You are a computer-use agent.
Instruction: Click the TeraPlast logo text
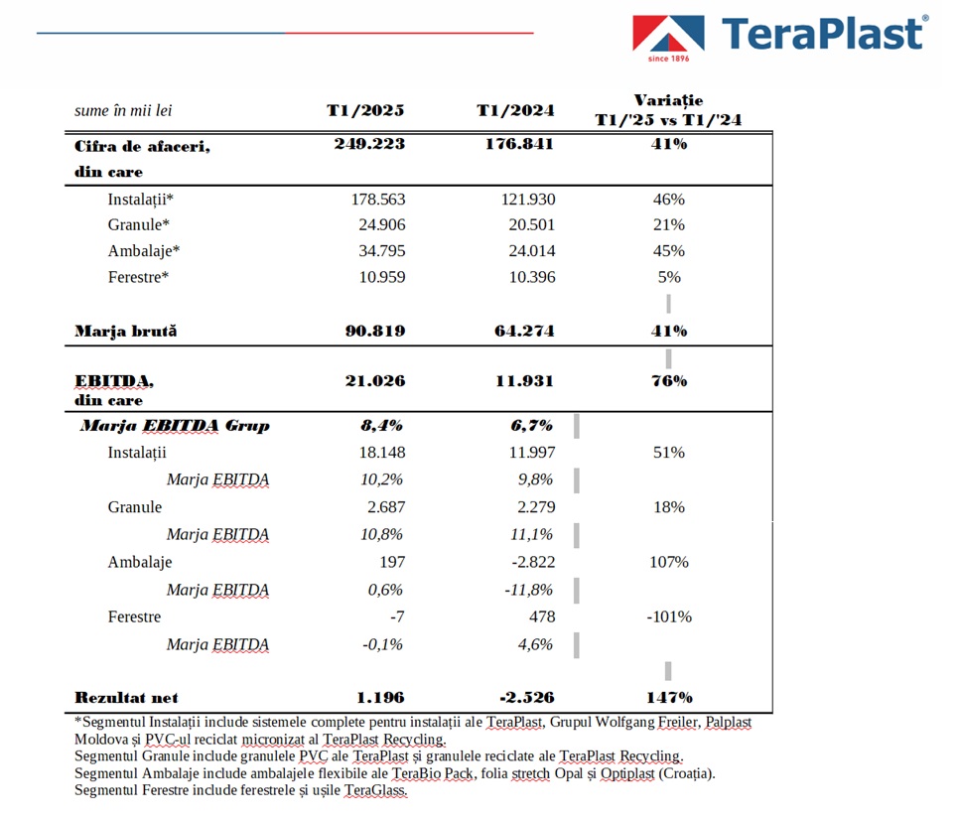coord(822,33)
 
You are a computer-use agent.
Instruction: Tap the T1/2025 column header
coord(365,110)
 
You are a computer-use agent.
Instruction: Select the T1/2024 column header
coord(515,110)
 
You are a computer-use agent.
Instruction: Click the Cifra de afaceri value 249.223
coord(369,144)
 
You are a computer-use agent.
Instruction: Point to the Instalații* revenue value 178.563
coord(378,200)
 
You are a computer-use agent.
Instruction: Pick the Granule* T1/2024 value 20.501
coord(531,224)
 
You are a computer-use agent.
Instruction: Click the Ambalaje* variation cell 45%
coord(669,251)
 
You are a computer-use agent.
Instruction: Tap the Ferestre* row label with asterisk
coord(138,277)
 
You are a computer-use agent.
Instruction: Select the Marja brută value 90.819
coord(375,331)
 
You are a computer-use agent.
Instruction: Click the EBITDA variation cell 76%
coord(669,381)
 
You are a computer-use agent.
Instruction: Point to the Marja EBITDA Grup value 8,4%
coord(381,426)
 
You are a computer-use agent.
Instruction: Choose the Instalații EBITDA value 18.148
coord(382,453)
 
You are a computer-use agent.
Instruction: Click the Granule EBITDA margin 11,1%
coord(531,534)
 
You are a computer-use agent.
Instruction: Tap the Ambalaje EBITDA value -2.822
coord(533,562)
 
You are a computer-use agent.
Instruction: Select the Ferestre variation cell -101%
coord(669,616)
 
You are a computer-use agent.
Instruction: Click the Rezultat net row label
coord(126,698)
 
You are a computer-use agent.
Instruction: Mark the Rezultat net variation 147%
coord(670,698)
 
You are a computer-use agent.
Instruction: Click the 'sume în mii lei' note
coord(123,110)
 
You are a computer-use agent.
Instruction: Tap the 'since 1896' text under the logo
coord(668,59)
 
